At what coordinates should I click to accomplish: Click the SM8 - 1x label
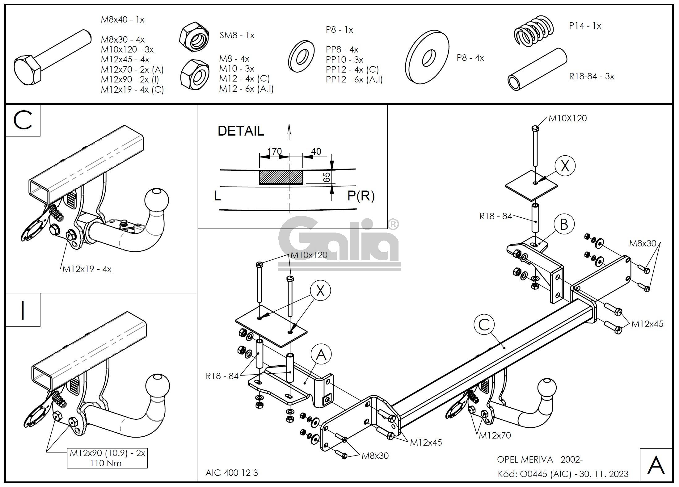237,36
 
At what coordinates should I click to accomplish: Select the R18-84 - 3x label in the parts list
591,76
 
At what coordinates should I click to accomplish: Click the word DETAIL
241,131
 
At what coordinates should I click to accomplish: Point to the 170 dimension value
274,151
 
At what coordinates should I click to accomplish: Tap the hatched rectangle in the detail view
281,177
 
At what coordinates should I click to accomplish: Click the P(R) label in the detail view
361,196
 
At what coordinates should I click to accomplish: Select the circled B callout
564,224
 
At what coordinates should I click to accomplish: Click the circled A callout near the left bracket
321,355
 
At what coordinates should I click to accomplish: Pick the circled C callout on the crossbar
484,324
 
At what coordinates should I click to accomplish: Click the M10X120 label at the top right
567,118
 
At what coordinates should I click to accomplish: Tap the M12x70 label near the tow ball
495,435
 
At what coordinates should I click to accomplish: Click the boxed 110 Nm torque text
106,463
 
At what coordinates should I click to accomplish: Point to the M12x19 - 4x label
87,269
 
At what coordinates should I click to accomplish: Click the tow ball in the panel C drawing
157,199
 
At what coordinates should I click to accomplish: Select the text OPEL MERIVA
525,460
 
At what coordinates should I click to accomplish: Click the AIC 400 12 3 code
231,472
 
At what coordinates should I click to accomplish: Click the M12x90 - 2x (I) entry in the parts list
130,79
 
